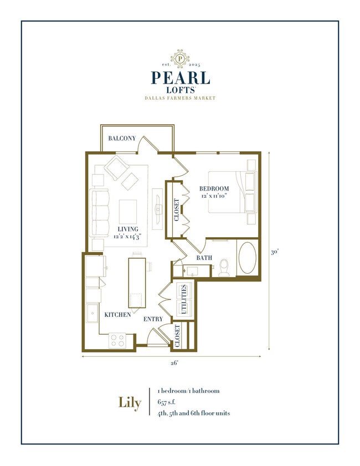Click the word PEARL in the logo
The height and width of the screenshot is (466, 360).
[x=180, y=77]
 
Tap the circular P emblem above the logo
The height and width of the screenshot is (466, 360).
[x=180, y=58]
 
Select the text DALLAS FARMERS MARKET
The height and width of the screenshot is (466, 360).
[x=180, y=98]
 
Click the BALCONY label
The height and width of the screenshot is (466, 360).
[x=122, y=138]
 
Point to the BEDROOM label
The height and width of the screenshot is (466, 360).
[x=214, y=189]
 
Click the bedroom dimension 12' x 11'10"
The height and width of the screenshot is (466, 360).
[x=214, y=196]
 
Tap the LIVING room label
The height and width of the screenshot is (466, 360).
[x=127, y=229]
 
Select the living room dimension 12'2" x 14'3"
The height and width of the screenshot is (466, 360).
[x=127, y=237]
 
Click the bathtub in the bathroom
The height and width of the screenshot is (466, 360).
[x=247, y=258]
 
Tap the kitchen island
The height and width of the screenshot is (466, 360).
[x=137, y=283]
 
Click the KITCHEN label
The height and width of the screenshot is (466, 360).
[x=118, y=314]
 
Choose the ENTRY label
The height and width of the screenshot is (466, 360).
[x=153, y=319]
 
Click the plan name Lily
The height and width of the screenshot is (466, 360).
[x=130, y=402]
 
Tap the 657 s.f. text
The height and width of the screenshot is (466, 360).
[x=166, y=402]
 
